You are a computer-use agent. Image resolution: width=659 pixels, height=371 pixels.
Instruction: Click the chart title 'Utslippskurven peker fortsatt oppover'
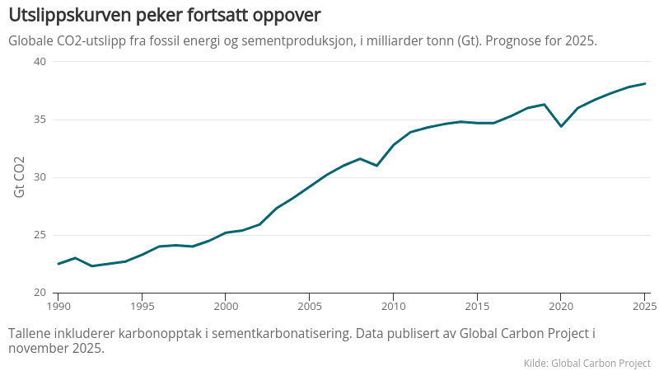pos(165,15)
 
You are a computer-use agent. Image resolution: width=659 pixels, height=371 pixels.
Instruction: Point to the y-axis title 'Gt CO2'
pos(20,176)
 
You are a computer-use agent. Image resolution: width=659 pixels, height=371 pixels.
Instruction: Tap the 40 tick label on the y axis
pos(40,62)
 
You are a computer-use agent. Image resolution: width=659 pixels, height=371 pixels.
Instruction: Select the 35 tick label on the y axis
pos(40,120)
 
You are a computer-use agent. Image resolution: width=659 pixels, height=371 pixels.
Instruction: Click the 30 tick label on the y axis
pos(40,177)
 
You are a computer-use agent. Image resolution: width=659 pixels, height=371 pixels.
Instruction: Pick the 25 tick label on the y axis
pos(40,235)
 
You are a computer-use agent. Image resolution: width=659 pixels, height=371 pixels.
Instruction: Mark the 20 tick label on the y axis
pos(40,293)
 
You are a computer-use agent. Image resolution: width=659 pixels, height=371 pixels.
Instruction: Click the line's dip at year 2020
pos(561,126)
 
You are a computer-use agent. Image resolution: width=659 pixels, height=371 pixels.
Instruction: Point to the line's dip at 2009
pos(376,166)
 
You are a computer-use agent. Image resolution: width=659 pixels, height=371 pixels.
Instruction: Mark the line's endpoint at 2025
pos(644,83)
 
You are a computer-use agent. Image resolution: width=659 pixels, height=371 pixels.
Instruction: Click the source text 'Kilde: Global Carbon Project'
pos(587,363)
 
